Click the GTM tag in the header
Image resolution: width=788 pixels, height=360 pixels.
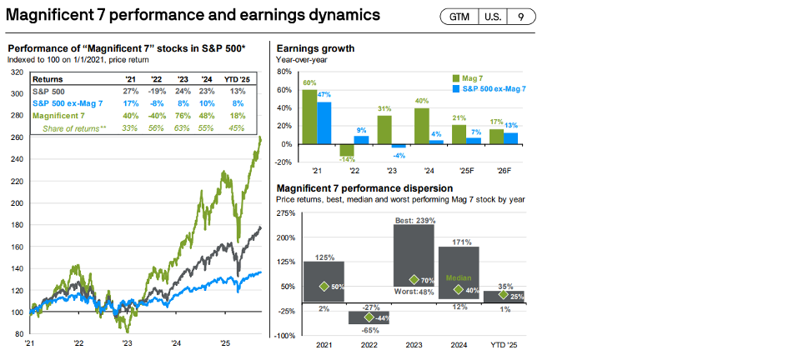pyautogui.click(x=459, y=17)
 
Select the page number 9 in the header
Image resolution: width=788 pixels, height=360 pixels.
pyautogui.click(x=520, y=17)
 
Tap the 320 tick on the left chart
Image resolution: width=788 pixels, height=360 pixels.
pyautogui.click(x=15, y=72)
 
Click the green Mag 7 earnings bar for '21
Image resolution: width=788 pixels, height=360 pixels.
pyautogui.click(x=309, y=116)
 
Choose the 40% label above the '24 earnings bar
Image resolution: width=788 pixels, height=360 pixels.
pyautogui.click(x=422, y=102)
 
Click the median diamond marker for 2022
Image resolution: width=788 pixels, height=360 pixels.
pyautogui.click(x=369, y=317)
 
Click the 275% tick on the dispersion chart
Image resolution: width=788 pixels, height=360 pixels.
pyautogui.click(x=285, y=213)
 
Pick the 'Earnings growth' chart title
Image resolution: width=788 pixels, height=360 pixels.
pyautogui.click(x=315, y=48)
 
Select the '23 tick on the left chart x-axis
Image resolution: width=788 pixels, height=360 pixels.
pyautogui.click(x=127, y=342)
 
